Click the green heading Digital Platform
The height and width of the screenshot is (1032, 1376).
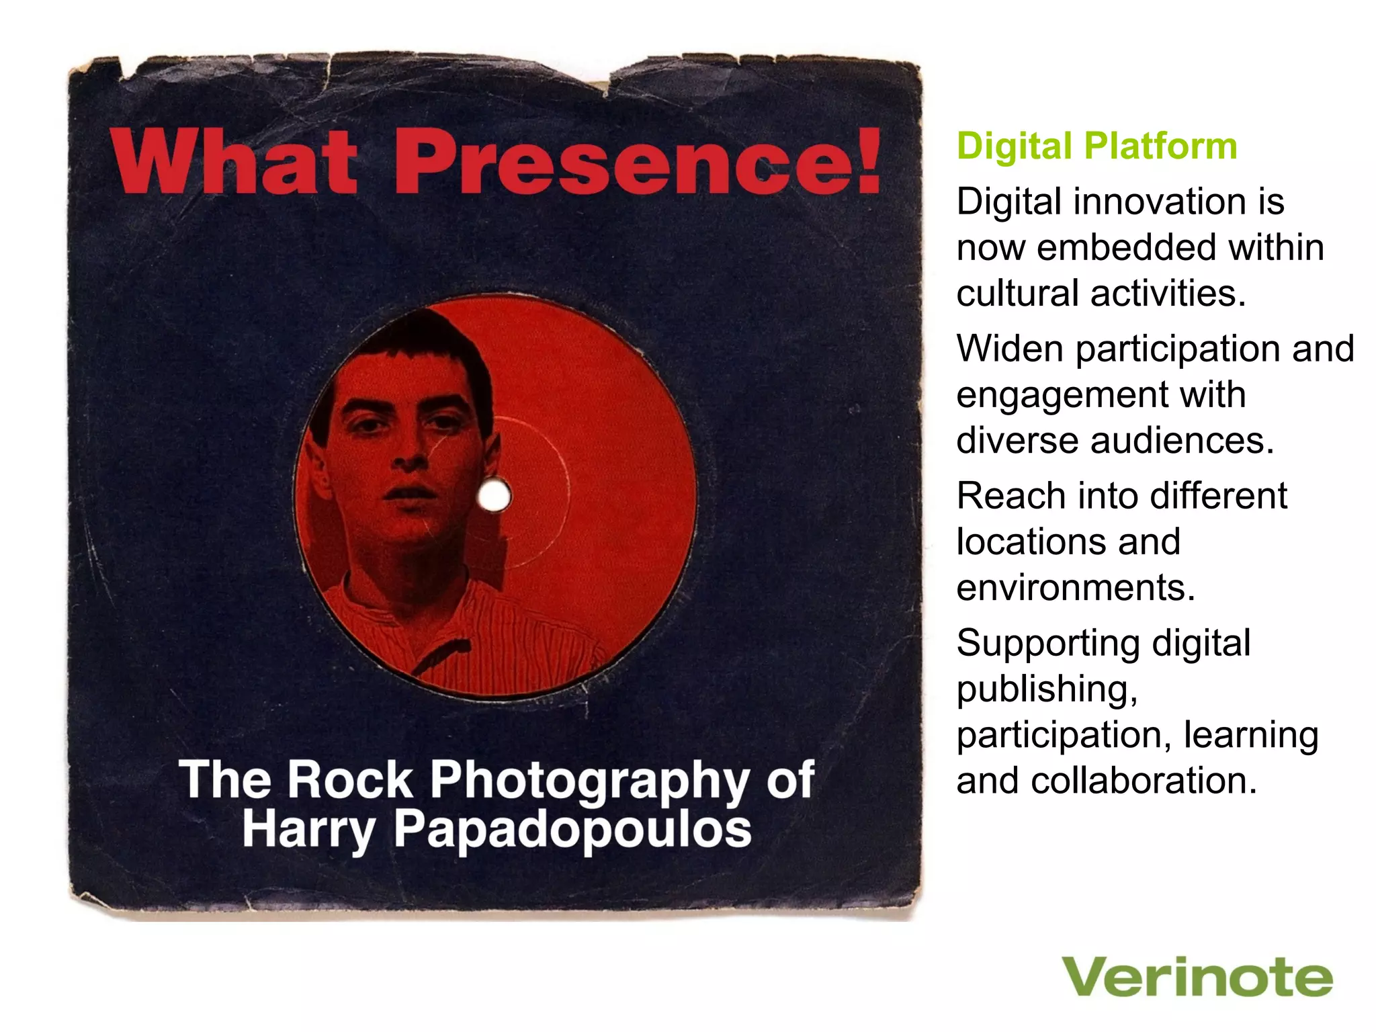pyautogui.click(x=1096, y=146)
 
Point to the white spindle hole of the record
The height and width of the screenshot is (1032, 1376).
pyautogui.click(x=494, y=497)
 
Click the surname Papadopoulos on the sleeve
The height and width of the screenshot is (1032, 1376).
pyautogui.click(x=572, y=831)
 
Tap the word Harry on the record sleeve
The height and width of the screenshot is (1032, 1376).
pyautogui.click(x=308, y=831)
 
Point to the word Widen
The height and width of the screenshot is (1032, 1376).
pyautogui.click(x=1009, y=349)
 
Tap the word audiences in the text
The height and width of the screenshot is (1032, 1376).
pyautogui.click(x=1182, y=441)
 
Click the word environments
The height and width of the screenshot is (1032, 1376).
pyautogui.click(x=1075, y=588)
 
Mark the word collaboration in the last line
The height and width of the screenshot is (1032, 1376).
pyautogui.click(x=1144, y=781)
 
